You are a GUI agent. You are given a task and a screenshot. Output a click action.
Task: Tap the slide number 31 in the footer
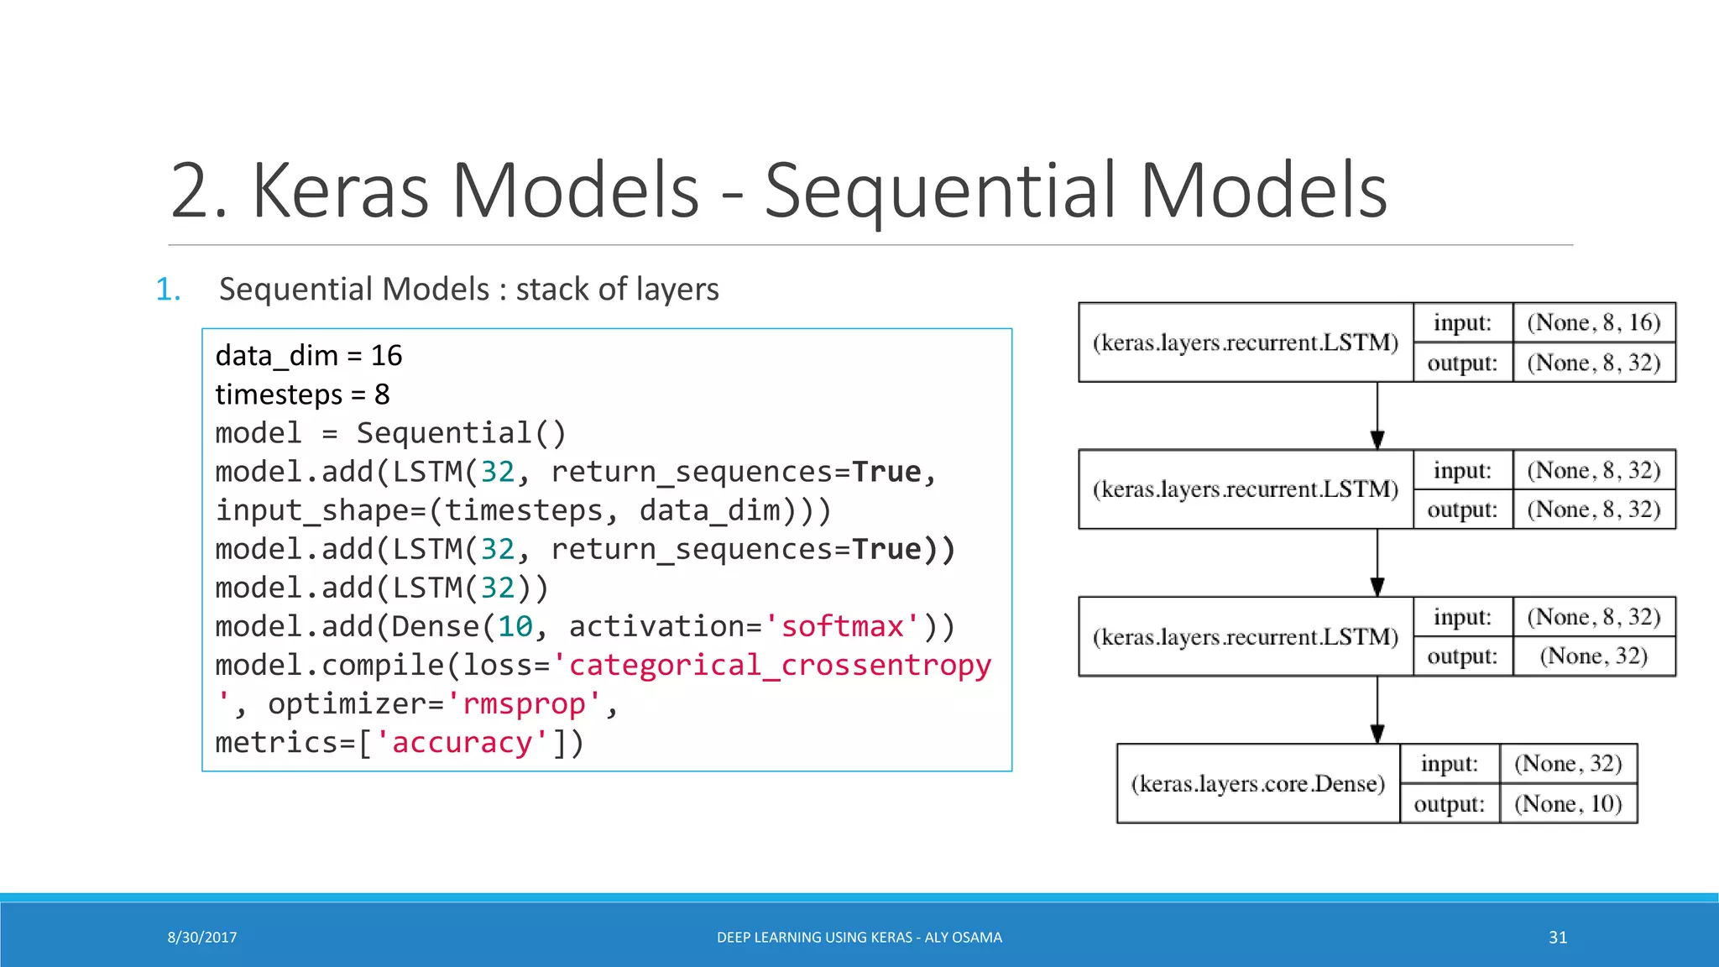1558,938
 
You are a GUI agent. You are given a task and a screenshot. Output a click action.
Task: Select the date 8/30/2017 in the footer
202,938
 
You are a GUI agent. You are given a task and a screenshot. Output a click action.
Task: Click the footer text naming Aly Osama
859,938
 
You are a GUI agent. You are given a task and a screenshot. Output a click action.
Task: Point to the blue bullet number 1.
167,290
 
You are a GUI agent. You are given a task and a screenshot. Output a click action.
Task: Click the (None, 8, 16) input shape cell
1593,323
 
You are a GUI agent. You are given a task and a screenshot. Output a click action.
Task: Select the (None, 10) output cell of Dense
1567,804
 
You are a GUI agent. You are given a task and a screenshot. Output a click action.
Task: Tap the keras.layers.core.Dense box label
1257,784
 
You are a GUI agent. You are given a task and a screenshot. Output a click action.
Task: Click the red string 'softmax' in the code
842,626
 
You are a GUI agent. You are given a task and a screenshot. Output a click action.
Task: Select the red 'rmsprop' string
524,703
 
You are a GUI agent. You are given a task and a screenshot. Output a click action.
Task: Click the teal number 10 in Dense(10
515,626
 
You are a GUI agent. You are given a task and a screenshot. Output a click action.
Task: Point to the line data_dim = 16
308,356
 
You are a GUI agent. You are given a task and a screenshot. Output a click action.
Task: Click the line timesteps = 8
302,395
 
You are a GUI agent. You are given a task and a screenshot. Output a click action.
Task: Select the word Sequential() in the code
461,433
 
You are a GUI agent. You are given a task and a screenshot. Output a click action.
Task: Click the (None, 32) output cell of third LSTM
1593,656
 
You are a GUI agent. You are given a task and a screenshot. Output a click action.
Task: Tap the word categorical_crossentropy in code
780,665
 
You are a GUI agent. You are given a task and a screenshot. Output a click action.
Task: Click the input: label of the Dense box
1449,764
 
